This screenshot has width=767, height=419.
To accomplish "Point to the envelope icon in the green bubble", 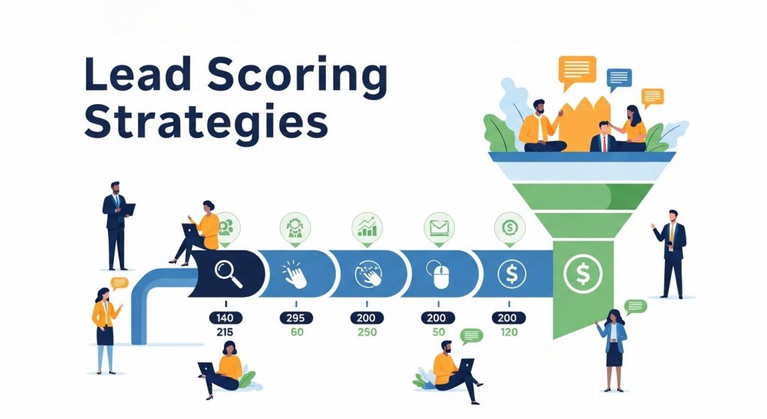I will click(439, 225).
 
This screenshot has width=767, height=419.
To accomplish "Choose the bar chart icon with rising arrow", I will click(367, 226).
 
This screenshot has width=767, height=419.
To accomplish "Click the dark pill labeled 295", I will click(295, 318).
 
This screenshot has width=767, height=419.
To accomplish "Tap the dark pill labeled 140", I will click(224, 318).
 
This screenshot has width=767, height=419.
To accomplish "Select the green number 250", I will click(367, 332).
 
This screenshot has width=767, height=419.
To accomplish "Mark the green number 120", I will click(509, 332).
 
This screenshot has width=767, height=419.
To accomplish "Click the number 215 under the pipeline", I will click(224, 332).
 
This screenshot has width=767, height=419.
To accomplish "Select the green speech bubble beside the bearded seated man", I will click(472, 335).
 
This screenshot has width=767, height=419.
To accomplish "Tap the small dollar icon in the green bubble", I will click(509, 225).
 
